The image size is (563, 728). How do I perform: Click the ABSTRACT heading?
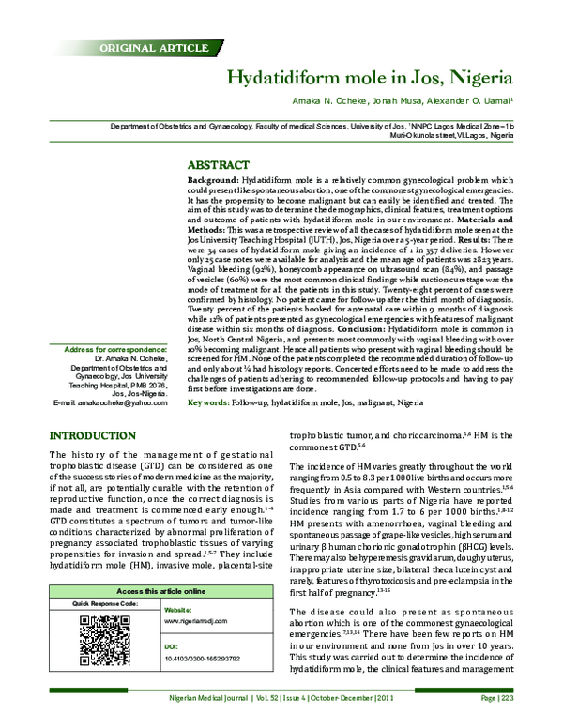pos(219,163)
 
